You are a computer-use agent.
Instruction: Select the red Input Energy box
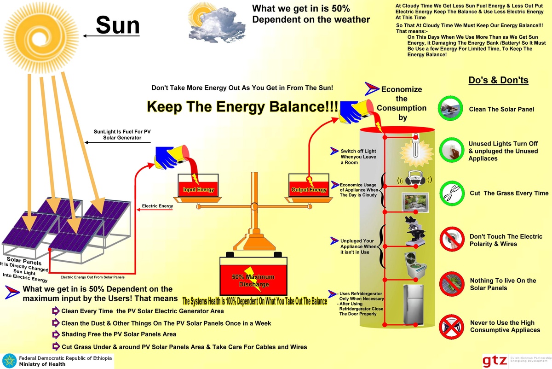(x=198, y=184)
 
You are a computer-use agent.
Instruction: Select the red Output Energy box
(x=309, y=184)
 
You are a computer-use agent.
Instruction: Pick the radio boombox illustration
(x=416, y=179)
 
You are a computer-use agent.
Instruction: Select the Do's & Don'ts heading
(x=498, y=81)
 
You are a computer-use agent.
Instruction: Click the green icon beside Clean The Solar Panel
(x=451, y=109)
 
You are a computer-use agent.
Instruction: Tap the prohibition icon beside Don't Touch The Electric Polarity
(x=451, y=240)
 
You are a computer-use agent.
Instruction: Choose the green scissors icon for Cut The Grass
(x=451, y=193)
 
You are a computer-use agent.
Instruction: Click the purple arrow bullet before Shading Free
(x=56, y=334)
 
